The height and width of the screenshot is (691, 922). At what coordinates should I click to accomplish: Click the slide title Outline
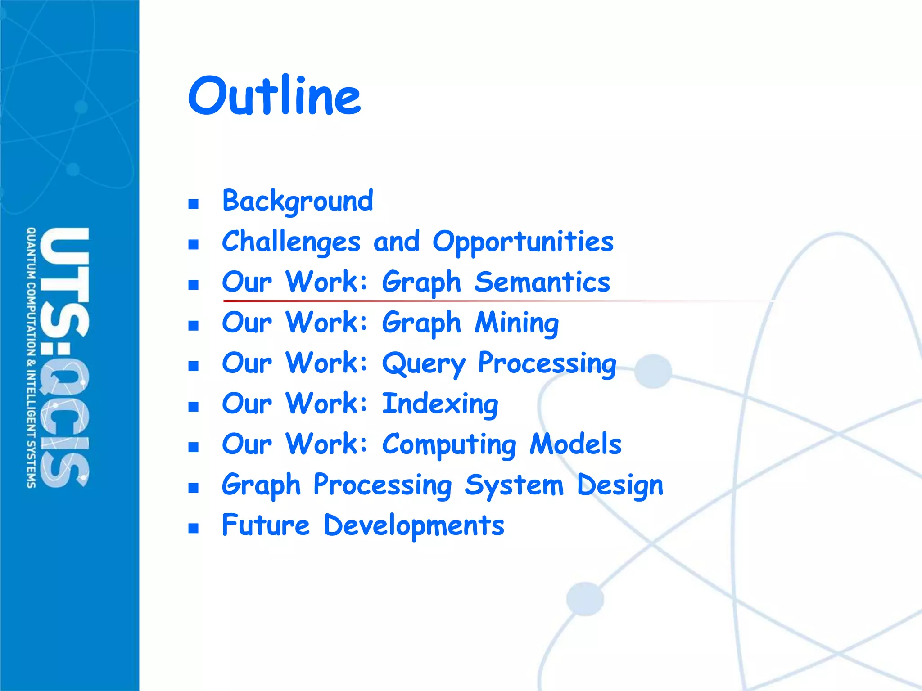[x=274, y=95]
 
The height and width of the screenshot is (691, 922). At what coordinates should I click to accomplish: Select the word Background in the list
[x=298, y=201]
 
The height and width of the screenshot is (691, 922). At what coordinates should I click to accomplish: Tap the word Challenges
[x=291, y=242]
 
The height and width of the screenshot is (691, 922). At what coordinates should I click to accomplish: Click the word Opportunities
[x=523, y=242]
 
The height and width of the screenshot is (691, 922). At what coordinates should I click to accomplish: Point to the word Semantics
[x=542, y=282]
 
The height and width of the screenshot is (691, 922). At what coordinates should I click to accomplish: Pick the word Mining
[x=517, y=323]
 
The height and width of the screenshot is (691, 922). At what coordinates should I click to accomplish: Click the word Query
[x=423, y=363]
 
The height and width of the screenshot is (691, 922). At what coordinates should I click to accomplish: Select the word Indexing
[x=440, y=404]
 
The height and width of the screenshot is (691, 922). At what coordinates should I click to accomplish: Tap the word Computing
[x=449, y=444]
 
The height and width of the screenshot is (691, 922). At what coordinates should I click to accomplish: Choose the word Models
[x=575, y=444]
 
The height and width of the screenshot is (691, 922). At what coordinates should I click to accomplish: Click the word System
[x=514, y=485]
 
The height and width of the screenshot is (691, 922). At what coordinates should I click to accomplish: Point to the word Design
[x=620, y=485]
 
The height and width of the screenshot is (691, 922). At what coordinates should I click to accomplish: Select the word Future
[x=266, y=525]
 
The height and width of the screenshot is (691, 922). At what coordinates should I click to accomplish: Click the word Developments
[x=414, y=525]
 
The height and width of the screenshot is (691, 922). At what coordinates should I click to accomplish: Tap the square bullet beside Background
[x=194, y=204]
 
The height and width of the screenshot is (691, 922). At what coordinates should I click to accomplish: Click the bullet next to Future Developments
[x=194, y=528]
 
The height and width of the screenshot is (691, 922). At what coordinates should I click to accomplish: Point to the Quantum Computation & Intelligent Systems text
[x=31, y=358]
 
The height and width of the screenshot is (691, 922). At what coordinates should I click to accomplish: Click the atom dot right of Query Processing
[x=653, y=371]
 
